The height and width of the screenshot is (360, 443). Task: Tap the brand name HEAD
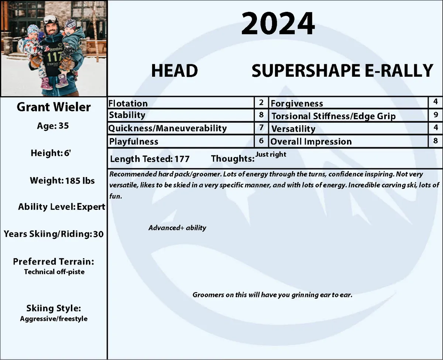coord(174,71)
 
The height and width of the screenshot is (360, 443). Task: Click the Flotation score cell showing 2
coord(261,103)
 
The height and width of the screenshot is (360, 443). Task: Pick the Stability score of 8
coord(261,115)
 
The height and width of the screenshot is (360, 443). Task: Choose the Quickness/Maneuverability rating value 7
coord(261,128)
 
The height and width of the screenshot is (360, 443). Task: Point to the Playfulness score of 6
coord(261,141)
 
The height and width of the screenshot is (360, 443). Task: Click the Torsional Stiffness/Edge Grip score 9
coord(436,115)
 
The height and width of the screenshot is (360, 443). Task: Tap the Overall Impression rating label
coord(311,142)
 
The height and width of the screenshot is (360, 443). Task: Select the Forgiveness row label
coord(296,104)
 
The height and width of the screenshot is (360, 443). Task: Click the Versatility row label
coord(293,129)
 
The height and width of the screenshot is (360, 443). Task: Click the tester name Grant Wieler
coord(54,107)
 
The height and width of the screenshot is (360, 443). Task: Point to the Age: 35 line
coord(53,126)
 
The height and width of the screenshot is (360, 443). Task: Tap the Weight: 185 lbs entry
coord(62,181)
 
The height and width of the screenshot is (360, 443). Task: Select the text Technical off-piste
coord(54,272)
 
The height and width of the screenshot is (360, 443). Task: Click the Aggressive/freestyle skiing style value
coord(54,319)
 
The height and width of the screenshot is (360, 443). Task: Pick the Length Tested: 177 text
coord(150,159)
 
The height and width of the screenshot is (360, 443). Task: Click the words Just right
coord(271,154)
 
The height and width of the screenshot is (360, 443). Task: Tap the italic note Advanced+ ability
coord(177,228)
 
